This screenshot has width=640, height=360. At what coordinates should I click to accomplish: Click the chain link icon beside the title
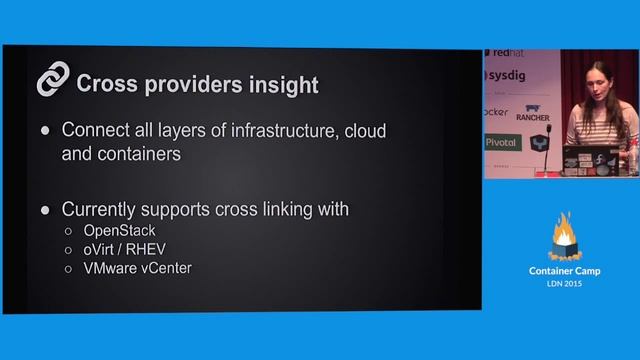[52, 80]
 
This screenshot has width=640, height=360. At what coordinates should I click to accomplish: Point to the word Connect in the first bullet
[97, 131]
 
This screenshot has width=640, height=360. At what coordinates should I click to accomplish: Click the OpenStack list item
[119, 231]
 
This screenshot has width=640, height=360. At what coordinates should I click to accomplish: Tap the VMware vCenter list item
[137, 268]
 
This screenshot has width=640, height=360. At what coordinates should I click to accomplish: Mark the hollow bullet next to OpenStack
[68, 232]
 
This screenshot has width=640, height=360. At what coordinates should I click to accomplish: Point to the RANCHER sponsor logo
[532, 116]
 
